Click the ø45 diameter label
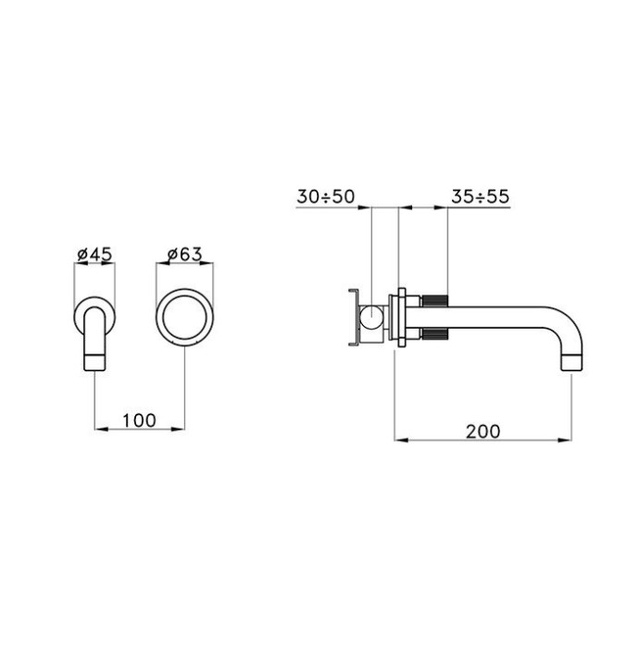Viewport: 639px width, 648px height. (94, 252)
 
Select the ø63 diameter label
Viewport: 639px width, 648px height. (185, 252)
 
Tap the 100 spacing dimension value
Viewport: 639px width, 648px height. (139, 419)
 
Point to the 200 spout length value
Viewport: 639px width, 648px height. (482, 430)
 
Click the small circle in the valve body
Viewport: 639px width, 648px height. (370, 319)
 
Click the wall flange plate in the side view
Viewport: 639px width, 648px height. (399, 319)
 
